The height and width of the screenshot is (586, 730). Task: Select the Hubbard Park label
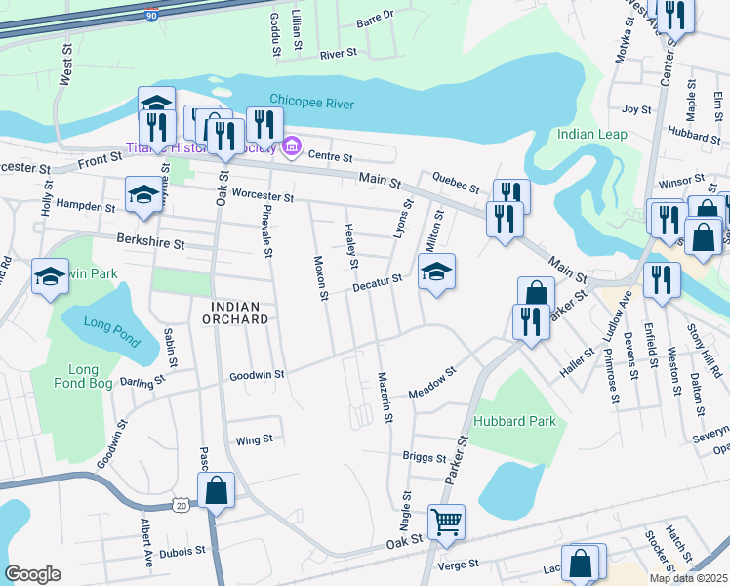(514, 421)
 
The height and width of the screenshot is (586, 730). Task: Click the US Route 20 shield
(182, 504)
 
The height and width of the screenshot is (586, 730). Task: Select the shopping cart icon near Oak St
(446, 522)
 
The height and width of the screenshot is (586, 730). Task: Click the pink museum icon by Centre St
(290, 147)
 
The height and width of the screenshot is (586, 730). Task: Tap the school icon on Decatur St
(436, 272)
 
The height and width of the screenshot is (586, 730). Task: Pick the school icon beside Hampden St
(143, 194)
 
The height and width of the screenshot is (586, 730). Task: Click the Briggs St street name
(424, 456)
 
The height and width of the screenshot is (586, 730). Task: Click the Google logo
(32, 573)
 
